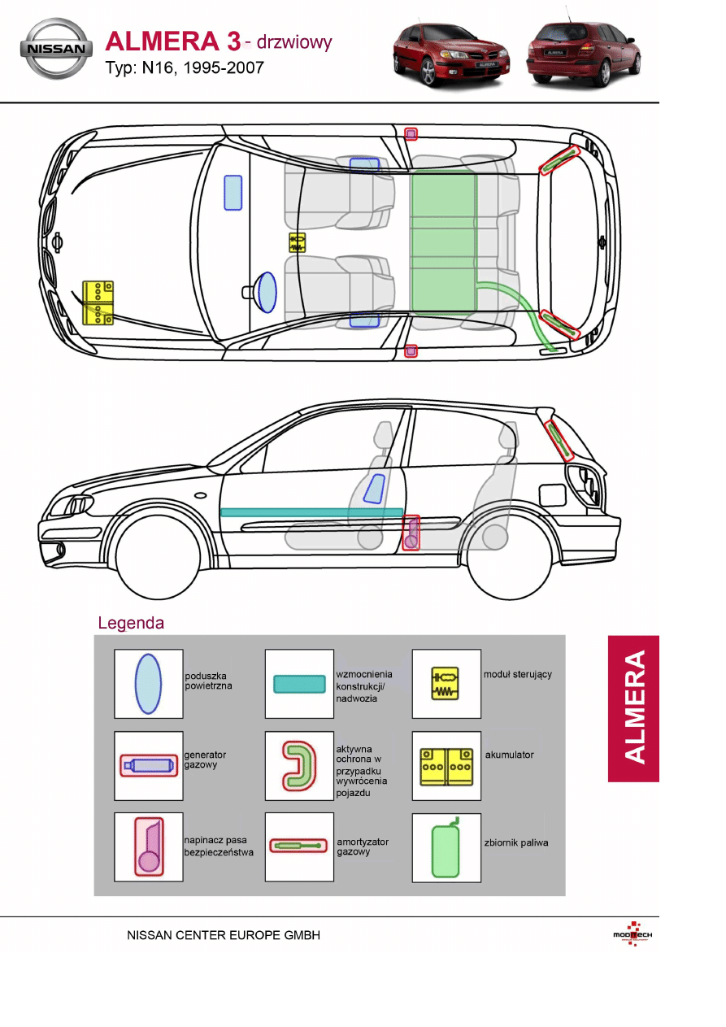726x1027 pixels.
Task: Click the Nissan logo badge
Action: [55, 49]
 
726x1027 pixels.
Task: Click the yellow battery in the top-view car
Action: [98, 303]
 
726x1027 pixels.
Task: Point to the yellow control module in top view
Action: [298, 242]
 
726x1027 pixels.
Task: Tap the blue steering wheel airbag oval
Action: [266, 291]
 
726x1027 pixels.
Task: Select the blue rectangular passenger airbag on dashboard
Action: [233, 192]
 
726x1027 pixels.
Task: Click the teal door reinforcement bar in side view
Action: [311, 512]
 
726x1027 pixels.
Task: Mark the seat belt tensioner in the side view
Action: [411, 533]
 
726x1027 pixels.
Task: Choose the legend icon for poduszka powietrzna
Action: [148, 684]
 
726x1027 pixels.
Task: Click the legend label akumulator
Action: [509, 755]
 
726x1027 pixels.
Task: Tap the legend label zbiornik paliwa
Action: [515, 842]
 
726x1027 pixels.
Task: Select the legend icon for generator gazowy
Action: [148, 764]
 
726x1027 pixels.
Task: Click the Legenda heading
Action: [131, 624]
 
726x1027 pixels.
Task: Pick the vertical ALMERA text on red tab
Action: [634, 707]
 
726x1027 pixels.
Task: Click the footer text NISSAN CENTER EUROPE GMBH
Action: [224, 935]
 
